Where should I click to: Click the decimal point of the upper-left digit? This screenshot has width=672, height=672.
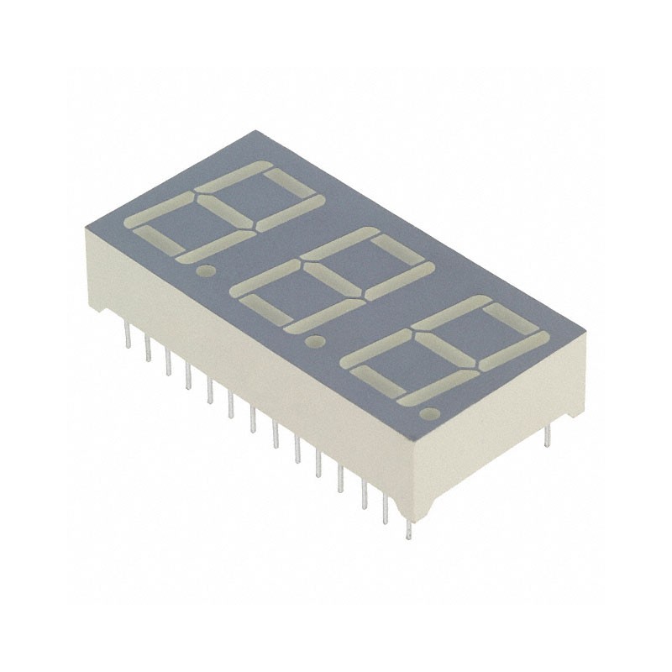(x=203, y=271)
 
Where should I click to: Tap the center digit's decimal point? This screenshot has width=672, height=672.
(x=317, y=342)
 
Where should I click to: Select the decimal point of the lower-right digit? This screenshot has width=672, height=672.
(x=431, y=413)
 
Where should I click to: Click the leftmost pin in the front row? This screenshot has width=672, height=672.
(x=125, y=336)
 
